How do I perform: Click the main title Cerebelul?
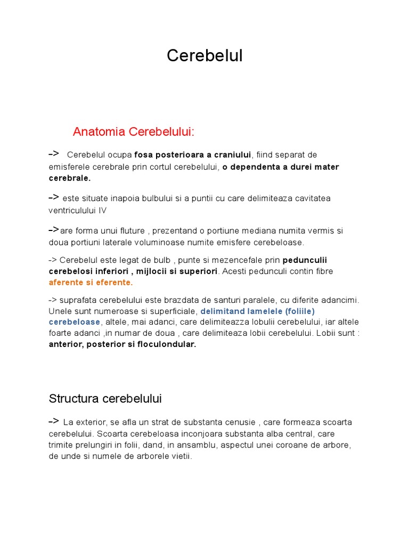tap(204, 55)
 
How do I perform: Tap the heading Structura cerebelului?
tap(105, 399)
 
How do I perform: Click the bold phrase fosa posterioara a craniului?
tap(192, 155)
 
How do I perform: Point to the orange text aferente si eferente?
tap(90, 282)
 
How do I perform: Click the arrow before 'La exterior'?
tap(53, 422)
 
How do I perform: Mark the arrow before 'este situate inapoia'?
tap(53, 197)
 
